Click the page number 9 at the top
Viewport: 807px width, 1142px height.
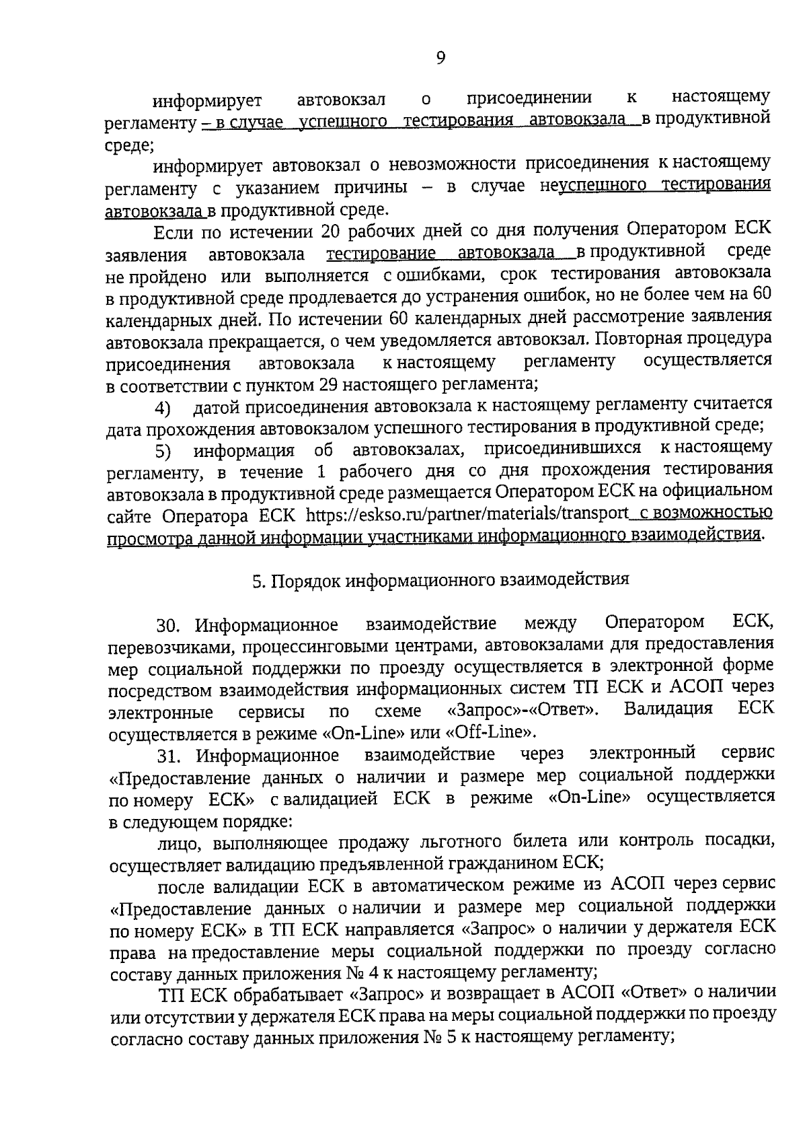440,58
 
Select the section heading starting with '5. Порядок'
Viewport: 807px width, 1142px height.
441,580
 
